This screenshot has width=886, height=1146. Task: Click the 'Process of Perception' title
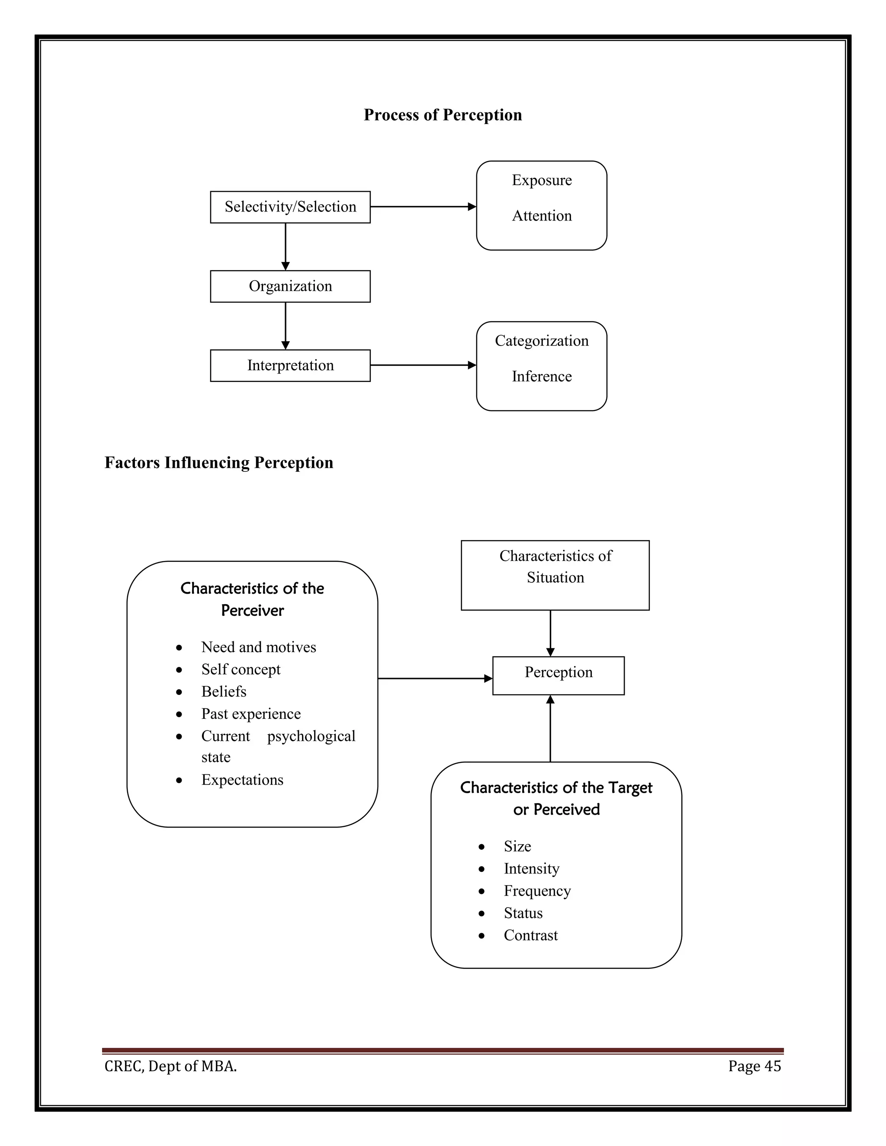tap(443, 115)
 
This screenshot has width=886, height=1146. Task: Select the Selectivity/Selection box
tap(290, 207)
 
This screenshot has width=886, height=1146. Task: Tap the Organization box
tap(290, 286)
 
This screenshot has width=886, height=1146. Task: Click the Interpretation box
tap(290, 365)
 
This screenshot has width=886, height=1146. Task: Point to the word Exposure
tap(542, 180)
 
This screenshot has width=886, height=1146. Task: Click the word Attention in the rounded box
tap(542, 216)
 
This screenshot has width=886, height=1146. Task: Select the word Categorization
tap(542, 341)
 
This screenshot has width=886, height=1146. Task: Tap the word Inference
tap(542, 376)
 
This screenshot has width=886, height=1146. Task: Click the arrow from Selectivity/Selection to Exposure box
tap(423, 207)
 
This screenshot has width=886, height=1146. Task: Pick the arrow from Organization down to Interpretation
tap(286, 325)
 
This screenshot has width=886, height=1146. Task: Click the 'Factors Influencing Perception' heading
tap(219, 463)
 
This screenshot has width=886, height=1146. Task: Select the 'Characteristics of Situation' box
tap(555, 575)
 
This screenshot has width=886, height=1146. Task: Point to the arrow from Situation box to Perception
tap(550, 633)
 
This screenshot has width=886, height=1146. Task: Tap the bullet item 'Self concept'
tap(241, 669)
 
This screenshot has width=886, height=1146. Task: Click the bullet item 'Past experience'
tap(251, 714)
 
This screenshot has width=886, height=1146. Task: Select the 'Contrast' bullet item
tap(531, 935)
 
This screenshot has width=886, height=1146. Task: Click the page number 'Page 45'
tap(754, 1066)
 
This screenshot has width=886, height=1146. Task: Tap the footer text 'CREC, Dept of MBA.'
tap(170, 1066)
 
